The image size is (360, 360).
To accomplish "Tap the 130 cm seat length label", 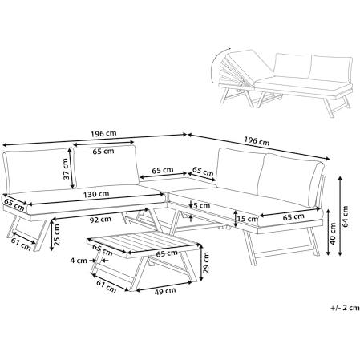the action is pyautogui.click(x=96, y=195).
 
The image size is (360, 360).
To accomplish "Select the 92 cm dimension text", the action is pyautogui.click(x=100, y=220).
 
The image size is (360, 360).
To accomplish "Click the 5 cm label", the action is pyautogui.click(x=202, y=206).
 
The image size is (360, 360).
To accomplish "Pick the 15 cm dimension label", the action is pyautogui.click(x=248, y=219).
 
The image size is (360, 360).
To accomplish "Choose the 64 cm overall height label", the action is pyautogui.click(x=346, y=216).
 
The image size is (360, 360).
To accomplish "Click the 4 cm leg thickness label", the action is pyautogui.click(x=79, y=260).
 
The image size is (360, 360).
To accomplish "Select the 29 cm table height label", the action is pyautogui.click(x=206, y=263).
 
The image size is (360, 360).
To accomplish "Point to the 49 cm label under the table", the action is pyautogui.click(x=165, y=291).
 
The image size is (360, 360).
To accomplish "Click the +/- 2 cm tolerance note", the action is pyautogui.click(x=345, y=308).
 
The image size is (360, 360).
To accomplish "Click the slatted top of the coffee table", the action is pyautogui.click(x=144, y=241).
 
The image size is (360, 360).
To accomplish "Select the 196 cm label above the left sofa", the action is pyautogui.click(x=103, y=133).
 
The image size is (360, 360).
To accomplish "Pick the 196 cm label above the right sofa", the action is pyautogui.click(x=257, y=140).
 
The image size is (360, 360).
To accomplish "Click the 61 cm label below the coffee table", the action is pyautogui.click(x=106, y=285).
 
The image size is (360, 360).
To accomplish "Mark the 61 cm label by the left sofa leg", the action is pyautogui.click(x=21, y=244).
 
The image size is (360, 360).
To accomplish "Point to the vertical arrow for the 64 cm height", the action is pyautogui.click(x=340, y=216).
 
